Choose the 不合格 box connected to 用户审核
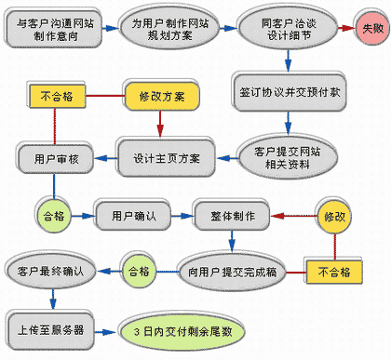(x=56, y=95)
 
